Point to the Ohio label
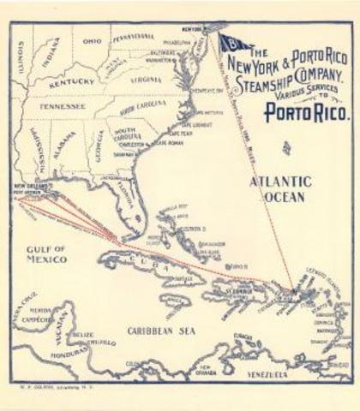[92, 40]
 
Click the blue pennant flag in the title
[231, 44]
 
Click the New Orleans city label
[33, 185]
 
